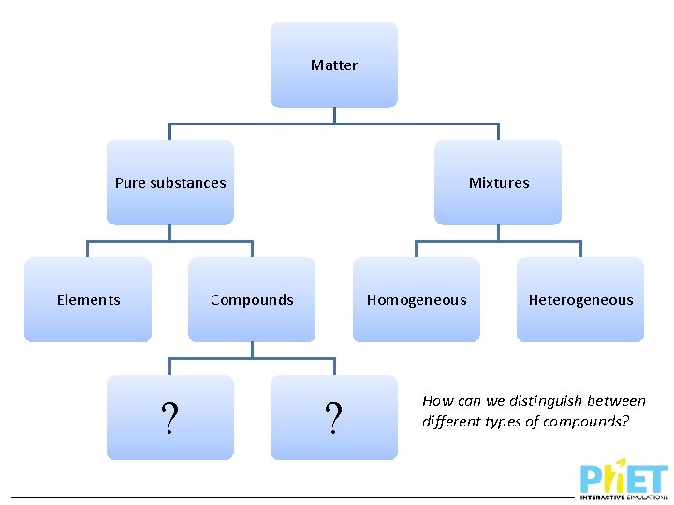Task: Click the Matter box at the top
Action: pyautogui.click(x=334, y=65)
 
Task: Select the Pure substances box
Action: pyautogui.click(x=169, y=182)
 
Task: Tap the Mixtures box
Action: pyautogui.click(x=498, y=182)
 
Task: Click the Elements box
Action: pyautogui.click(x=88, y=299)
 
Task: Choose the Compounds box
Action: pyautogui.click(x=252, y=299)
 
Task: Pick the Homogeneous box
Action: pyautogui.click(x=417, y=299)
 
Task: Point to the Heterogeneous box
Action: pyautogui.click(x=580, y=299)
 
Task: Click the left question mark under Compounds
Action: pyautogui.click(x=169, y=418)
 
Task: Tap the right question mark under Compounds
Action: pyautogui.click(x=333, y=418)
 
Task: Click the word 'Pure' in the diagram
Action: pyautogui.click(x=129, y=182)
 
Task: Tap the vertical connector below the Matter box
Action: pyautogui.click(x=334, y=115)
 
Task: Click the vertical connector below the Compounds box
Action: pyautogui.click(x=252, y=350)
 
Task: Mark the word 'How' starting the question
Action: pyautogui.click(x=437, y=400)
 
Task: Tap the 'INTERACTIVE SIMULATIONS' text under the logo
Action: pyautogui.click(x=624, y=497)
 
